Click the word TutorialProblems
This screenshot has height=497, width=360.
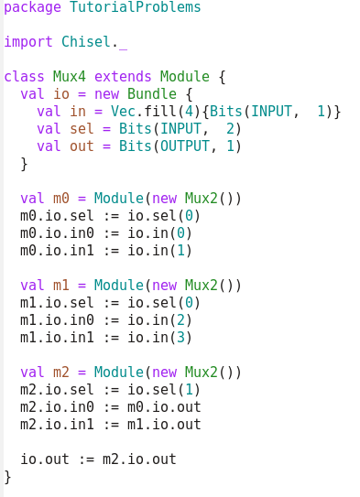point(136,7)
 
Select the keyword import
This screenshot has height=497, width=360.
point(28,42)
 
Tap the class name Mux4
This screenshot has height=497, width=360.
point(69,77)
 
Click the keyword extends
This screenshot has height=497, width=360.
point(123,77)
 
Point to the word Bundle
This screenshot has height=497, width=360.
point(152,94)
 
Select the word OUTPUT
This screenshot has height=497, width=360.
point(185,146)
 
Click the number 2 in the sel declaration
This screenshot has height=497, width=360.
point(230,129)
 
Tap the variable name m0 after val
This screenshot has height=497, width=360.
point(60,199)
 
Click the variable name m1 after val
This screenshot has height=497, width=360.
point(60,286)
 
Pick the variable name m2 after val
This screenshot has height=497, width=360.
point(60,373)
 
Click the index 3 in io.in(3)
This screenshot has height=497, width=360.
point(180,338)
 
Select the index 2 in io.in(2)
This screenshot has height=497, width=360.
point(180,320)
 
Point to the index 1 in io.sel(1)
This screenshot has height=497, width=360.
point(189,390)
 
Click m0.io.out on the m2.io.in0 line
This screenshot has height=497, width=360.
point(164,407)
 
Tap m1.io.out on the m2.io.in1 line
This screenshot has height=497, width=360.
point(164,425)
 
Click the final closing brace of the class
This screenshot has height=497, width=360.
point(7,477)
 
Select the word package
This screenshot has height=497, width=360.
point(32,7)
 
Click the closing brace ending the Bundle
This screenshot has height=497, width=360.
point(24,164)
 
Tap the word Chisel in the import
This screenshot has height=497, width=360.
point(85,42)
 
